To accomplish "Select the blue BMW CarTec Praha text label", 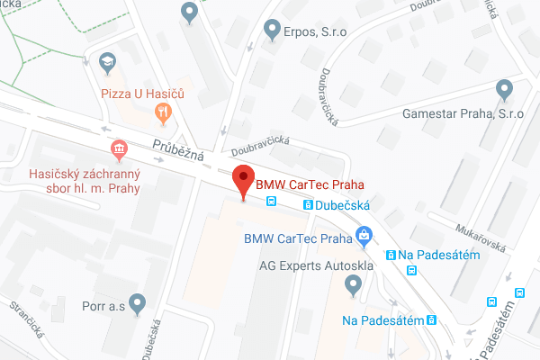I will click(297, 239).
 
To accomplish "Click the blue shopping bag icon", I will click(364, 238).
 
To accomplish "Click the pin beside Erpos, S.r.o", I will click(272, 31).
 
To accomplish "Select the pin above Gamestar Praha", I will click(504, 89).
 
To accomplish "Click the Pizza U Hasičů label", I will click(142, 92).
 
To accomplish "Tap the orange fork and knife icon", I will click(163, 112).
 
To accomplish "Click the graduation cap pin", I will click(107, 62).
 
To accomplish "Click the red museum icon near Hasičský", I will click(117, 148).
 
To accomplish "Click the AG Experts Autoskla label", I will click(309, 266).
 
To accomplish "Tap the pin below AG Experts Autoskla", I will click(353, 286).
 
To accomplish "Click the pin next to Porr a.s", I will click(137, 303).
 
